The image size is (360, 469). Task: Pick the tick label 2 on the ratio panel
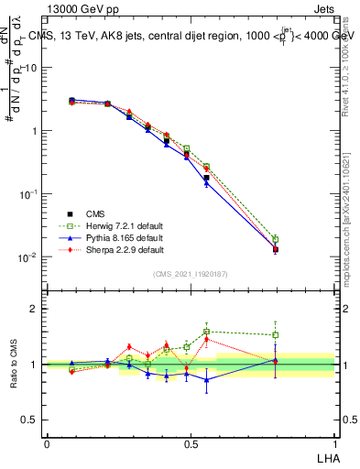pyautogui.click(x=38, y=309)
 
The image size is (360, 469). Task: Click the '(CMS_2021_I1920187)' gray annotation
pyautogui.click(x=190, y=273)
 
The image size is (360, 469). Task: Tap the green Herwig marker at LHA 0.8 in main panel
pyautogui.click(x=276, y=240)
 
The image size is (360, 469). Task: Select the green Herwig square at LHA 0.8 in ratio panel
pyautogui.click(x=276, y=335)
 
